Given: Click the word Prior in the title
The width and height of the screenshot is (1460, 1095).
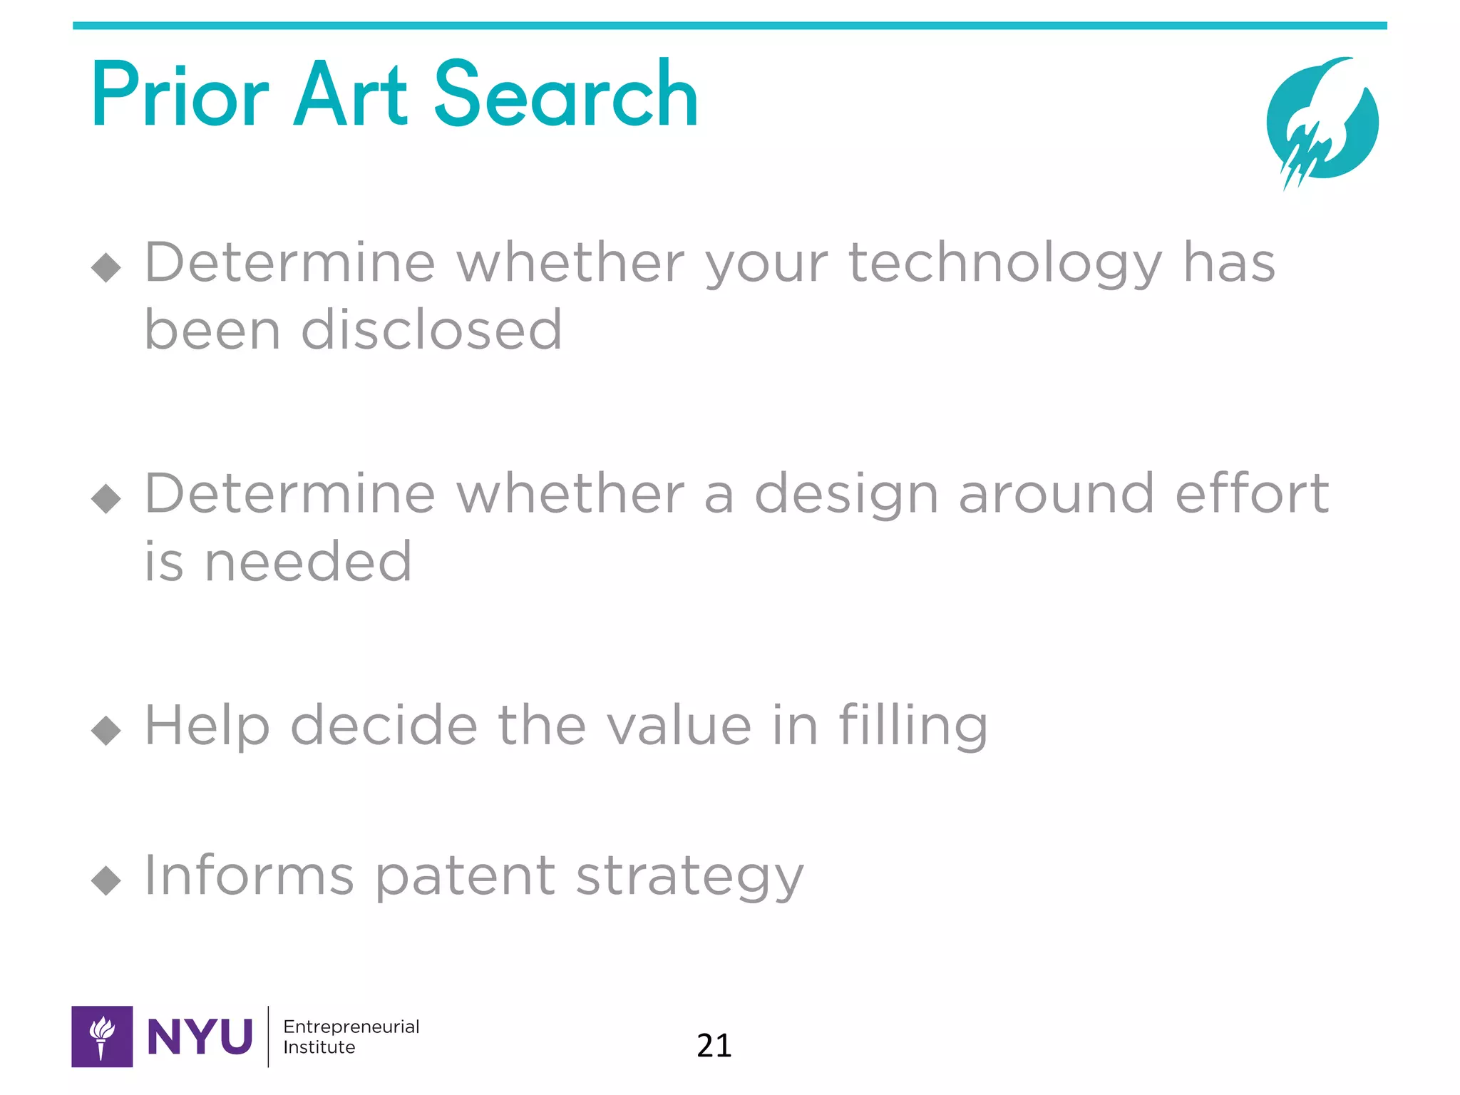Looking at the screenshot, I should (x=180, y=96).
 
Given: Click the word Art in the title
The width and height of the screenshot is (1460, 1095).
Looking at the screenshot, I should (x=350, y=96).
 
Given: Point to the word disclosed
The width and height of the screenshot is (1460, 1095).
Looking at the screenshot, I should (x=432, y=330).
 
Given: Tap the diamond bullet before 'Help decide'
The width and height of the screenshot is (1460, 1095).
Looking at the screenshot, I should (x=106, y=730).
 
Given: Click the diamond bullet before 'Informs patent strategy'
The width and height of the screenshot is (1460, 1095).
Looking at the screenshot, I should (x=106, y=880).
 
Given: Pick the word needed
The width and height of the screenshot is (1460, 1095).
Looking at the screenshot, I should (x=308, y=562).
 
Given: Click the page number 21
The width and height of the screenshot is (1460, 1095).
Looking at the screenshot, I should (x=714, y=1046).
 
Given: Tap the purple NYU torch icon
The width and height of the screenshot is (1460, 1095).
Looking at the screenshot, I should (x=102, y=1037).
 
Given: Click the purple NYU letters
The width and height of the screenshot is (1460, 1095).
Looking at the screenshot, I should (x=200, y=1037).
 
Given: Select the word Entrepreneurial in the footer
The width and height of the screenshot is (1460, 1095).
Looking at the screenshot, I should (x=351, y=1027).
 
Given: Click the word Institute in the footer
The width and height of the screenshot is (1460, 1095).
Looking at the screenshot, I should (x=319, y=1047).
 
